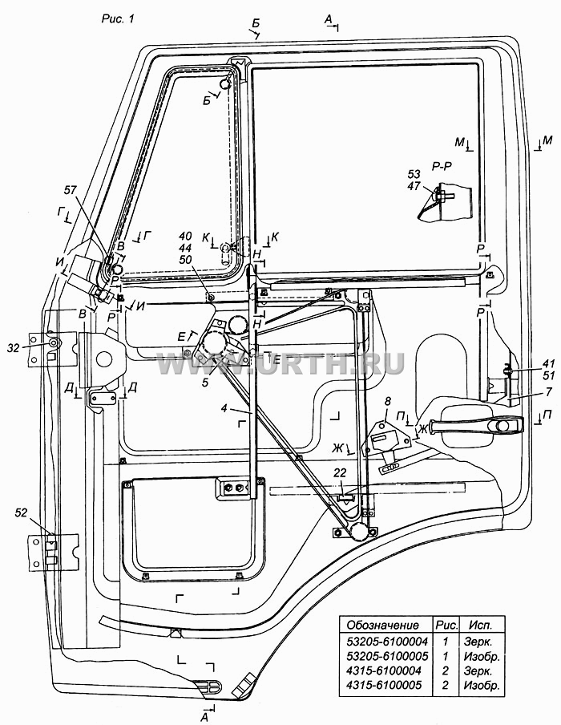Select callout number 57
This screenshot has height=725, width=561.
click(71, 189)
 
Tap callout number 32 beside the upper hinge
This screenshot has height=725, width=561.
click(14, 348)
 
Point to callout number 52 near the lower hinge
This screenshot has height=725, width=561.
click(22, 512)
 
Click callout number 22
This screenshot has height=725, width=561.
click(340, 472)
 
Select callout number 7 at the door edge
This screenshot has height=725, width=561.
click(548, 392)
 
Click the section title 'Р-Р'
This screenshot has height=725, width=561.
click(442, 167)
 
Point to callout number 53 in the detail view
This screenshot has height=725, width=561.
click(414, 174)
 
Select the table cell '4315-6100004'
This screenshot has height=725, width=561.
click(384, 670)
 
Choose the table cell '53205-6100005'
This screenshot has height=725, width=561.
click(387, 656)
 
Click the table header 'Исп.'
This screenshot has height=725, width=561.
click(481, 625)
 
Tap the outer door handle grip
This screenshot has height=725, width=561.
click(476, 425)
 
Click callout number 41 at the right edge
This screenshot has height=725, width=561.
click(548, 364)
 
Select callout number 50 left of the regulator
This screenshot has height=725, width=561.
click(185, 260)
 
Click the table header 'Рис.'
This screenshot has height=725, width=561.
click(446, 625)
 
